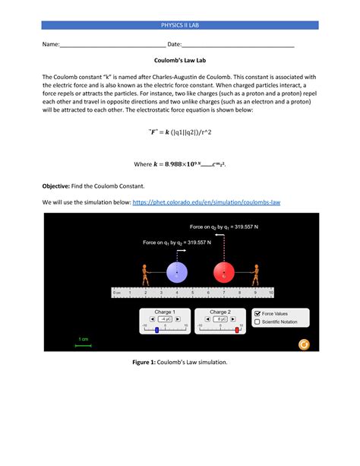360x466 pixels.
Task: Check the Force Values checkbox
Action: [257, 313]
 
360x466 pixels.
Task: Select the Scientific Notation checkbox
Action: [257, 322]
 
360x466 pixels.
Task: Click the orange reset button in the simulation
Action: [305, 344]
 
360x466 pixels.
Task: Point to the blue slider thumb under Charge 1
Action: [156, 329]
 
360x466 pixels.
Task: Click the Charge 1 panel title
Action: [164, 312]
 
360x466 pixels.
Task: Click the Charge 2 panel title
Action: [220, 312]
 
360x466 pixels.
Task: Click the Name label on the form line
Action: [51, 45]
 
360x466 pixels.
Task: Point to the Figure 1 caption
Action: [179, 362]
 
